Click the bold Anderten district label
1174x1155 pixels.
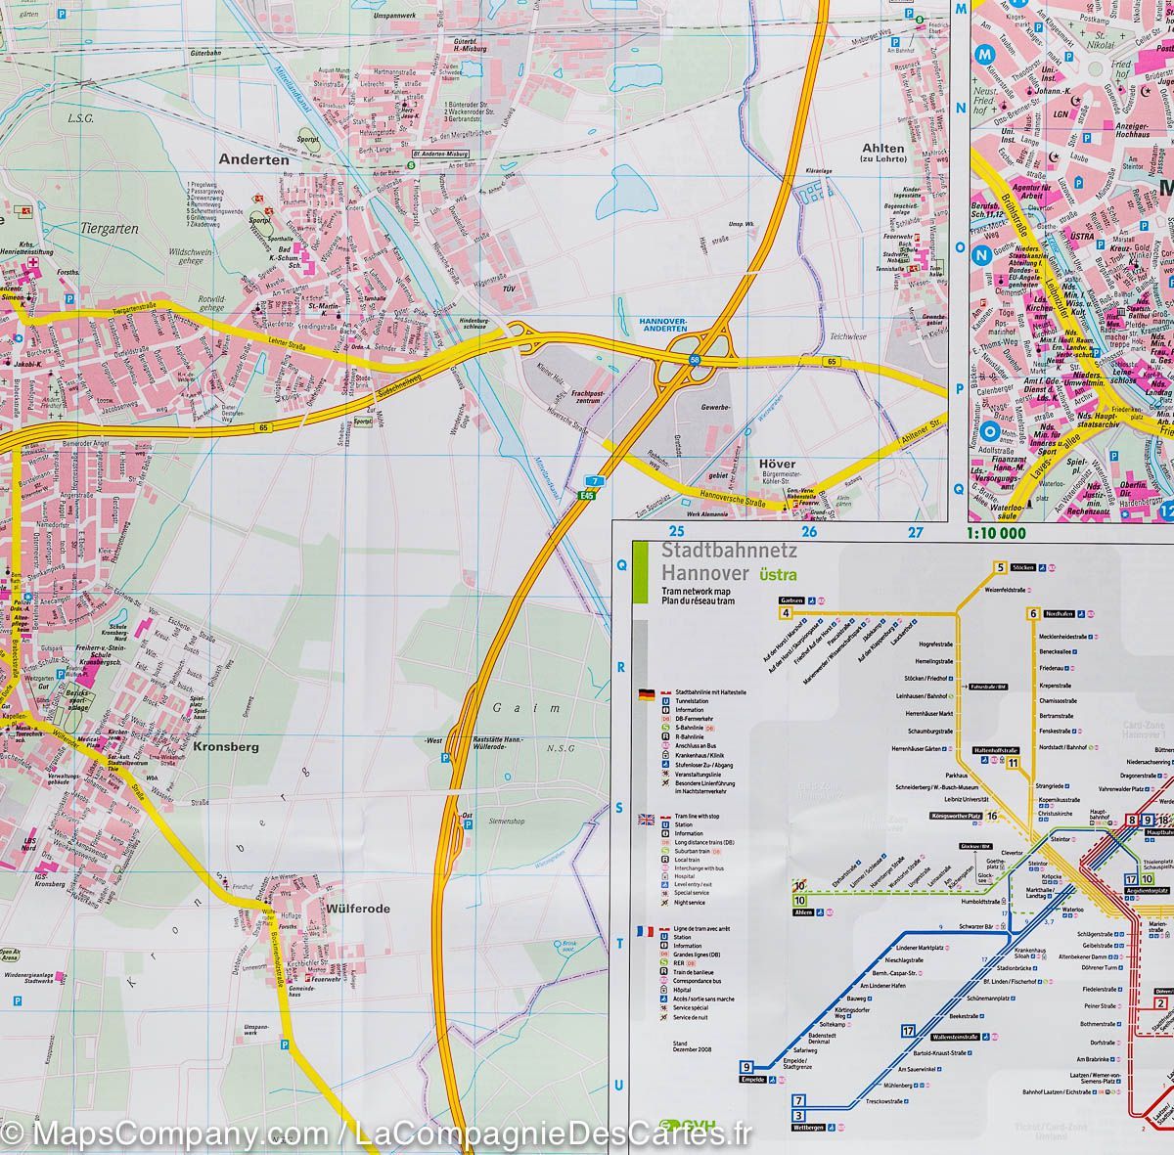[253, 159]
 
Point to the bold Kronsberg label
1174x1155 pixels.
[226, 746]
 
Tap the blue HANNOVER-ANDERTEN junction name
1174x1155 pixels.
[664, 325]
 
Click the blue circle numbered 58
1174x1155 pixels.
[695, 361]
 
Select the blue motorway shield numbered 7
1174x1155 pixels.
[593, 481]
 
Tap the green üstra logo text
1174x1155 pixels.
[780, 575]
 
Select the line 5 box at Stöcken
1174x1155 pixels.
[1001, 568]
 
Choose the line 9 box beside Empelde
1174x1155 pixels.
[746, 1067]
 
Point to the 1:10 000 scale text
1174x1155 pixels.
[996, 534]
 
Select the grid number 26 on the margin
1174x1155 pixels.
[808, 533]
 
